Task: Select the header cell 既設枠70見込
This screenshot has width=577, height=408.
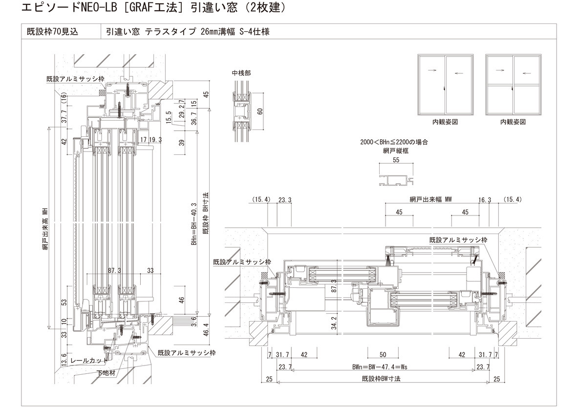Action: click(53, 32)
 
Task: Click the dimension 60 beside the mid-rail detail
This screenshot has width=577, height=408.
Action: click(260, 111)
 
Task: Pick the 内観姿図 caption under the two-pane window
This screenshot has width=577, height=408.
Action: click(445, 122)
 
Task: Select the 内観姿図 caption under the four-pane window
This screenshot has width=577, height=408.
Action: click(513, 122)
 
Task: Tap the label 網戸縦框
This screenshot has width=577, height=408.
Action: click(396, 151)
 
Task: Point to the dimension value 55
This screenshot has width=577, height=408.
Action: click(396, 160)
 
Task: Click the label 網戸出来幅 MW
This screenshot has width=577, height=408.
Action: click(431, 199)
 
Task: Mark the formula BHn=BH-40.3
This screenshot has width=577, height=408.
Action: click(194, 225)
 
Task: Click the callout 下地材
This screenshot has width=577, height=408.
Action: click(106, 373)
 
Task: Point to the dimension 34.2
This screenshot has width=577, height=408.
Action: click(334, 323)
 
